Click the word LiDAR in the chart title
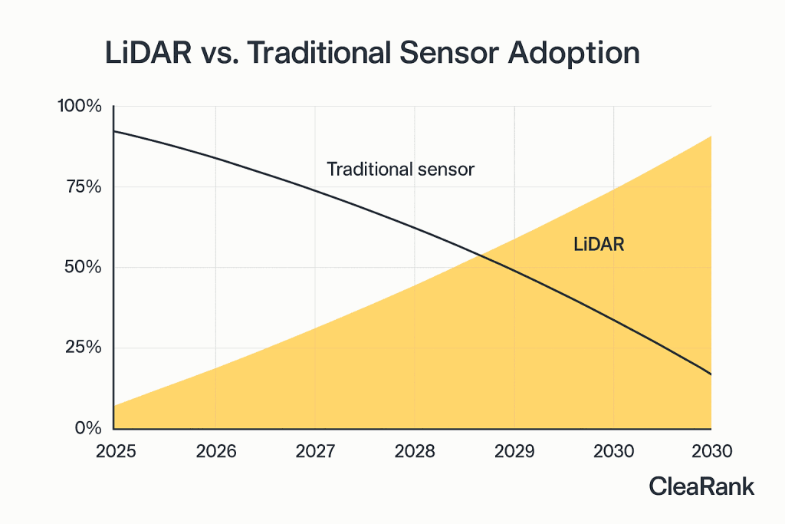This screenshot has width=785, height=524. [x=148, y=53]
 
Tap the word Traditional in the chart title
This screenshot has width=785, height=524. [x=319, y=53]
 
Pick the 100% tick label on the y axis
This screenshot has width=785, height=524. [x=80, y=106]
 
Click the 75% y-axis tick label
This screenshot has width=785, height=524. [x=84, y=187]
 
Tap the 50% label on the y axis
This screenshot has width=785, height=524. [x=83, y=267]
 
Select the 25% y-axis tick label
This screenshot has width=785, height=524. [x=83, y=348]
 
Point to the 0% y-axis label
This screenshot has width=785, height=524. [x=88, y=428]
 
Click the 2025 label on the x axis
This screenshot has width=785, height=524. [x=116, y=451]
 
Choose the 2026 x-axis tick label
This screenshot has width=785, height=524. [x=215, y=451]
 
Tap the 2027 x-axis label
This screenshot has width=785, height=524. [x=315, y=451]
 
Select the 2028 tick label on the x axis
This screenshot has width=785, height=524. [x=415, y=451]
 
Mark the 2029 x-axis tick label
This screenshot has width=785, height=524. [x=514, y=451]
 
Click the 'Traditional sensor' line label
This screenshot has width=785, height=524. [x=400, y=170]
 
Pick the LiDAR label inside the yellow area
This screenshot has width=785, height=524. [x=599, y=245]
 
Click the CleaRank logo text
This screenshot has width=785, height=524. [x=701, y=486]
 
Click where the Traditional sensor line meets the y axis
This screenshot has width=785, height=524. [x=114, y=131]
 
